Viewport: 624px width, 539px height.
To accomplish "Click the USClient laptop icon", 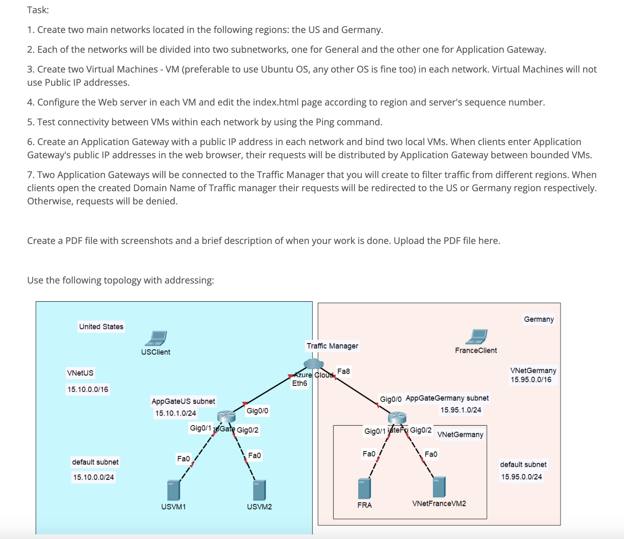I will (156, 338).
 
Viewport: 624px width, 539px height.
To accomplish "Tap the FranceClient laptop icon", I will (477, 337).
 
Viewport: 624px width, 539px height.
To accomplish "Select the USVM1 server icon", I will (173, 490).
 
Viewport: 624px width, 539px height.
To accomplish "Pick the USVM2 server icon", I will (259, 490).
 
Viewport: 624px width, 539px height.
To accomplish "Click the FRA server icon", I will (364, 488).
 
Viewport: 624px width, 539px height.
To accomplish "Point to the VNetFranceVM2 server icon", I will (439, 487).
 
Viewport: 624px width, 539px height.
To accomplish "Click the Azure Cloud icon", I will (313, 364).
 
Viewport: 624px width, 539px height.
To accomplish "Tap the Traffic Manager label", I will (332, 346).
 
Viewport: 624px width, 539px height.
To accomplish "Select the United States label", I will (101, 327).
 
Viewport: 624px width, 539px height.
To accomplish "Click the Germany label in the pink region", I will (539, 319).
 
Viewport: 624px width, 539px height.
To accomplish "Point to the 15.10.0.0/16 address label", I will (88, 389).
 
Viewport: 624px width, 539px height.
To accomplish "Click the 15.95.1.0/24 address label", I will (461, 410).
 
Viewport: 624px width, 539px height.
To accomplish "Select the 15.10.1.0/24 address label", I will (175, 413).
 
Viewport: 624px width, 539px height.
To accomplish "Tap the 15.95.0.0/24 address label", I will (521, 477).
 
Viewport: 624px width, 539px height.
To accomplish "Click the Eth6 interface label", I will (299, 383).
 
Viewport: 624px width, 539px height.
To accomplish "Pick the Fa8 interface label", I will (343, 371).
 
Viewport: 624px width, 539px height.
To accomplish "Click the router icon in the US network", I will (226, 417).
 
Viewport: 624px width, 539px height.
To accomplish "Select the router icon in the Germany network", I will (397, 418).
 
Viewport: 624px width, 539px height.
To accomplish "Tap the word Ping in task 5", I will (325, 122).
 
